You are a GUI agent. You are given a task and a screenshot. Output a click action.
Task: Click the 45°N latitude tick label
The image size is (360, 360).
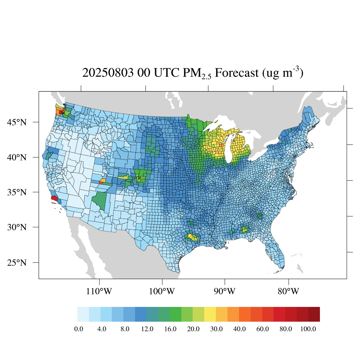17,122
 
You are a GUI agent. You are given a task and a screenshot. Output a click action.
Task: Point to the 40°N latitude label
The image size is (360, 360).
17,157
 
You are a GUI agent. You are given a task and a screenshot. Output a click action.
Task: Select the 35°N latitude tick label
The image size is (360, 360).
17,192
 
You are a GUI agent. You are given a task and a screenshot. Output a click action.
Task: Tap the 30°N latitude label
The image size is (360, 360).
17,227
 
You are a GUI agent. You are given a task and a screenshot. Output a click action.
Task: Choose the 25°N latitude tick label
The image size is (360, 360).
17,263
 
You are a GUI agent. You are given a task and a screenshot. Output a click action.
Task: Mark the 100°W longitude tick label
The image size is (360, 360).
162,291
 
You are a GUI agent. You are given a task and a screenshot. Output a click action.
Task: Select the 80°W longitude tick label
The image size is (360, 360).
288,291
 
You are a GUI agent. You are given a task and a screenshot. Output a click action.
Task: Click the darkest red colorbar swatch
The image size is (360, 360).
314,314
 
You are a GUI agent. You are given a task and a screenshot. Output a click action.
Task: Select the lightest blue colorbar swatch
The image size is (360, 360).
83,314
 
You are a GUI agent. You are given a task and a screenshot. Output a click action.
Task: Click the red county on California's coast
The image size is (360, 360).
54,198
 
